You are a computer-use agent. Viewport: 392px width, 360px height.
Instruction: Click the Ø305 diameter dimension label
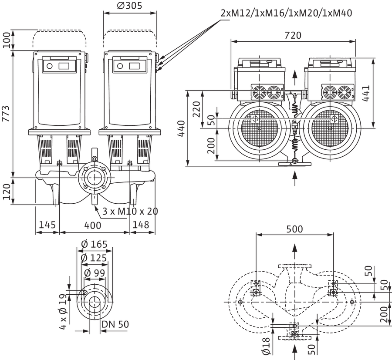click(x=129, y=6)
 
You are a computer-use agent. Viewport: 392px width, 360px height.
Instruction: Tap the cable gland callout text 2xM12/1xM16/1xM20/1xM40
click(x=287, y=13)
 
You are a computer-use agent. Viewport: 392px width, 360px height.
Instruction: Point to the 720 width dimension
click(x=293, y=35)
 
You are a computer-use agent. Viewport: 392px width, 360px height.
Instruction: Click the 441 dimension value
click(x=366, y=93)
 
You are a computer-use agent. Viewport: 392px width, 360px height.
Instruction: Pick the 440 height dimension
click(x=181, y=128)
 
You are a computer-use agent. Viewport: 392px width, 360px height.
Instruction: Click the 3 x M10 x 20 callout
click(x=130, y=212)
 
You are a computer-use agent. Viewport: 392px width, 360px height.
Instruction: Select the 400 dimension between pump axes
click(x=93, y=225)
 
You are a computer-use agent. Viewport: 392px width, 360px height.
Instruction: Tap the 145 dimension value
click(x=47, y=225)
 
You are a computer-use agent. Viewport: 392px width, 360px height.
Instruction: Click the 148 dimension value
click(x=141, y=225)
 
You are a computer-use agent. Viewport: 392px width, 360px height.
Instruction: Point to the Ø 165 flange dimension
click(x=94, y=244)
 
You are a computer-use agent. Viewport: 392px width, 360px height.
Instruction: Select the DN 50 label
click(x=115, y=324)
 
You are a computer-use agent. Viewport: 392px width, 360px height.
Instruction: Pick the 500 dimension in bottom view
click(x=294, y=229)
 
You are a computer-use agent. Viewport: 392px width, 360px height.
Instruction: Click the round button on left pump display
click(x=50, y=66)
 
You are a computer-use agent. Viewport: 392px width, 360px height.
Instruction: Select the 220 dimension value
click(x=196, y=109)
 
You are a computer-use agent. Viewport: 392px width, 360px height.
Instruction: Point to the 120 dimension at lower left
click(x=7, y=192)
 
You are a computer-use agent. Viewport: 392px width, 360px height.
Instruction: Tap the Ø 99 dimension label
click(x=95, y=273)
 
